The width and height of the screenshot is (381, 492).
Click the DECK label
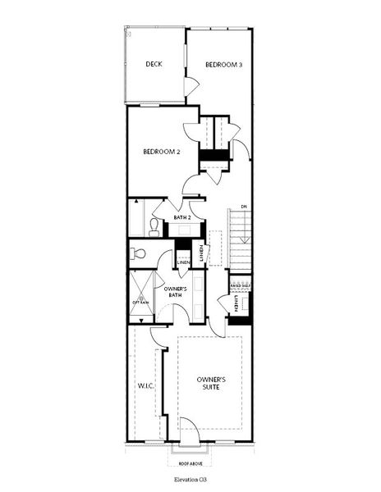153,64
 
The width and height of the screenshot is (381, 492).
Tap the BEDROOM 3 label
223,64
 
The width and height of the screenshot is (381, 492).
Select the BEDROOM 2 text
162,152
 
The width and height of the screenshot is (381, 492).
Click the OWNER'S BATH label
176,294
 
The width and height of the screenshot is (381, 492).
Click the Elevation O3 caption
190,476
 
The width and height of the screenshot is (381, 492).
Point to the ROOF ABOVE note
190,462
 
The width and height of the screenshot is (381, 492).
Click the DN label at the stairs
243,207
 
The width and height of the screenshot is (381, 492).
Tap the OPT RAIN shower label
140,302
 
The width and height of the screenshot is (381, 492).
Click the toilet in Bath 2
154,226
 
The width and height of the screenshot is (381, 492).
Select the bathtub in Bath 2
137,219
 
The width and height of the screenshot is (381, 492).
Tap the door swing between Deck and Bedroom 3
191,86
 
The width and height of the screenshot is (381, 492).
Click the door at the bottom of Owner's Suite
189,428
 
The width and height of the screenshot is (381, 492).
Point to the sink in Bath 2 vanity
181,230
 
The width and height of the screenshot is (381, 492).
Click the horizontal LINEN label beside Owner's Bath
184,262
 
